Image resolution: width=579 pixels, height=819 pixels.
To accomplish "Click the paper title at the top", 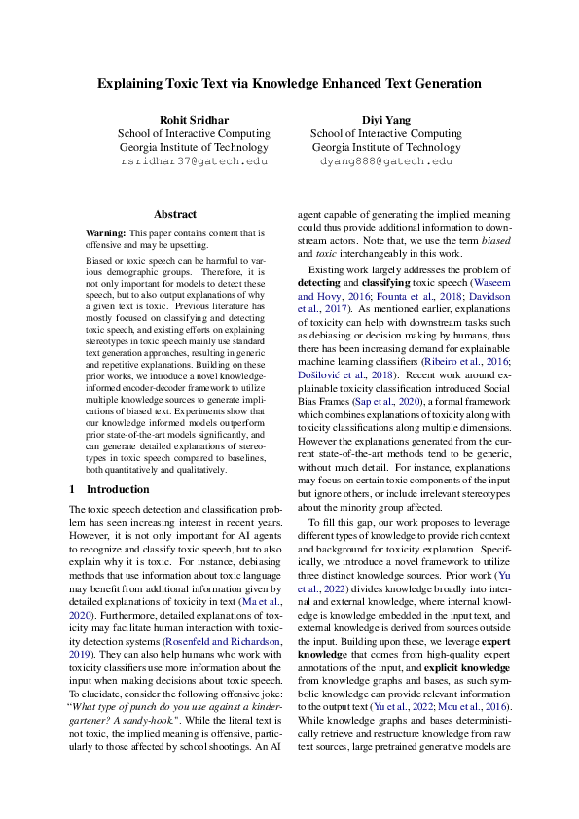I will (x=289, y=84).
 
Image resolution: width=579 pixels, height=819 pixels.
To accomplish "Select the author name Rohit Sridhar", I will (x=193, y=119).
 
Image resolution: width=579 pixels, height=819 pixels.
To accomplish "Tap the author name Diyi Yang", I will (x=385, y=119).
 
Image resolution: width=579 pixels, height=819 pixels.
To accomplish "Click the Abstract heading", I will (x=175, y=214).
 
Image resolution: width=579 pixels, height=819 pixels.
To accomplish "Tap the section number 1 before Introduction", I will (x=72, y=490).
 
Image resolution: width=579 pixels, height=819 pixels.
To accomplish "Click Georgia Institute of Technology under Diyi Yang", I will (x=385, y=148).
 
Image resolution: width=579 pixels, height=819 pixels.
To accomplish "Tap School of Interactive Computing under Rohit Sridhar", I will (x=193, y=133).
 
